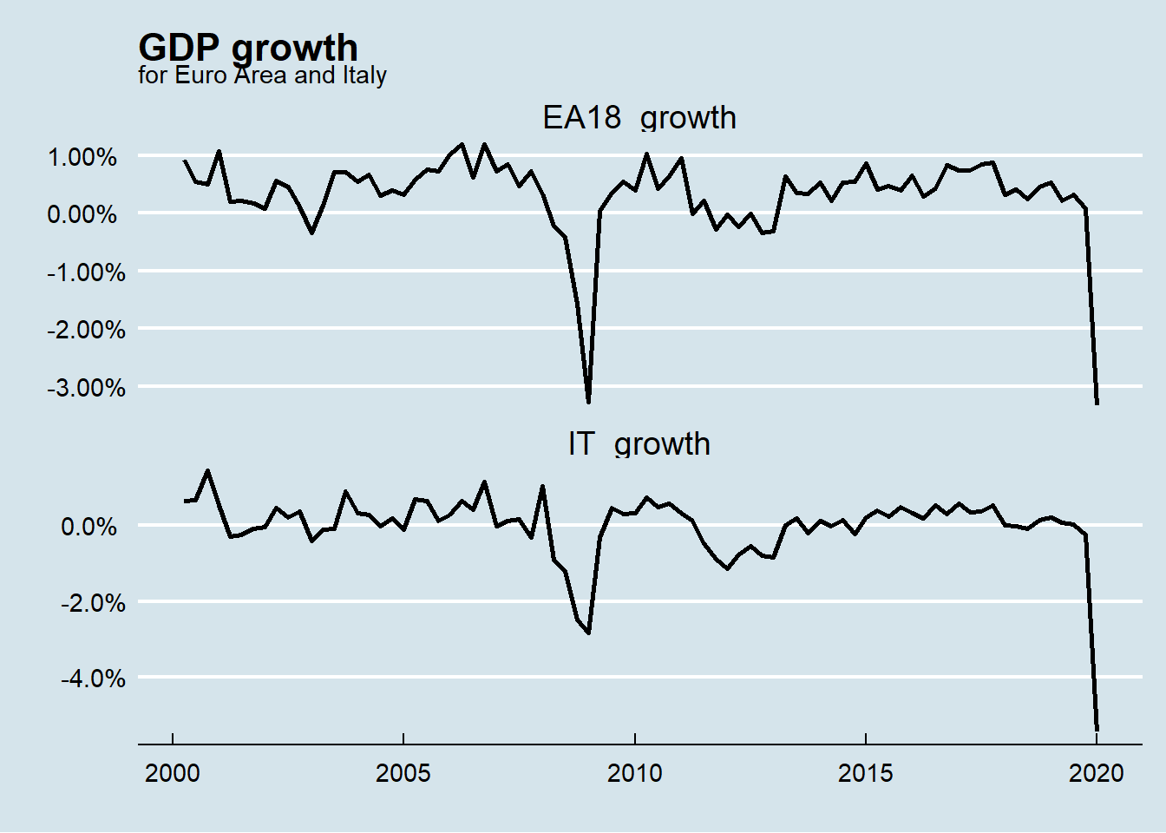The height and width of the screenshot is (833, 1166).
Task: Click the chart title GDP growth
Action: tap(247, 47)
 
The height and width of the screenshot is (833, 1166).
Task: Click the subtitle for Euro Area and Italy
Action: tap(262, 75)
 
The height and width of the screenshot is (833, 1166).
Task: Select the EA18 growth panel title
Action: tap(639, 117)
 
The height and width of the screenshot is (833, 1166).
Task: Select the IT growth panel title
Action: tap(639, 443)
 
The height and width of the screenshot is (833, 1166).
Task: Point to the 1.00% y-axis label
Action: tap(82, 157)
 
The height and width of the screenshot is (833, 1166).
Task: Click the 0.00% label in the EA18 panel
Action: tap(82, 214)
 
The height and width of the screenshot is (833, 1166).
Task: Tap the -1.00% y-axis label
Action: tap(85, 272)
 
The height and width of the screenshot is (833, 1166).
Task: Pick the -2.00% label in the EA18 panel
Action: tap(85, 330)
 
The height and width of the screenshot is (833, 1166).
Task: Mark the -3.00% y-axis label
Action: tap(85, 387)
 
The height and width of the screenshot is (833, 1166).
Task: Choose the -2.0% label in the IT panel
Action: tap(92, 603)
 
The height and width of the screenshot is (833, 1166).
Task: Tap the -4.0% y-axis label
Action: tap(92, 678)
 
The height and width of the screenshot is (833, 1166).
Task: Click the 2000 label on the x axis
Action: tap(173, 773)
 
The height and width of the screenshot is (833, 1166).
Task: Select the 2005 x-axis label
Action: tap(403, 773)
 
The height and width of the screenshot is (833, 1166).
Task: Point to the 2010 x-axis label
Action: tap(634, 773)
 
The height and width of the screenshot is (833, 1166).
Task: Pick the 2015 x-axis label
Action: tap(865, 773)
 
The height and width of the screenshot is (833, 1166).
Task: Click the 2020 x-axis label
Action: tap(1097, 773)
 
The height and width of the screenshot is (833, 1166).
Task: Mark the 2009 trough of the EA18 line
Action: tap(589, 402)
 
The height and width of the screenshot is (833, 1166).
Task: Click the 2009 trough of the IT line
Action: tap(589, 633)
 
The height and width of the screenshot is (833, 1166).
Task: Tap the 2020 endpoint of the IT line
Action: tap(1097, 729)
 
